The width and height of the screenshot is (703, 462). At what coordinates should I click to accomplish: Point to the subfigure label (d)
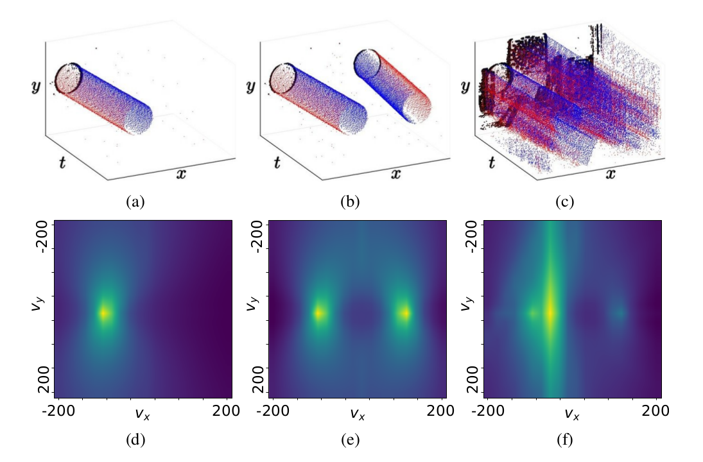[135, 440]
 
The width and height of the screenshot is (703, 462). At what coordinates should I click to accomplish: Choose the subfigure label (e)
[350, 440]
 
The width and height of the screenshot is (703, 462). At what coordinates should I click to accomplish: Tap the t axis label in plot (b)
[277, 163]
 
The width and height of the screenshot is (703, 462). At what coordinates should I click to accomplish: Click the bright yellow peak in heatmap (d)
[104, 313]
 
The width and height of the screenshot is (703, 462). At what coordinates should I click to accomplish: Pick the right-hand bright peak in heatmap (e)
[405, 313]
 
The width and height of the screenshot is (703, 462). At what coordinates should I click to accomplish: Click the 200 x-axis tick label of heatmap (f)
[657, 411]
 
